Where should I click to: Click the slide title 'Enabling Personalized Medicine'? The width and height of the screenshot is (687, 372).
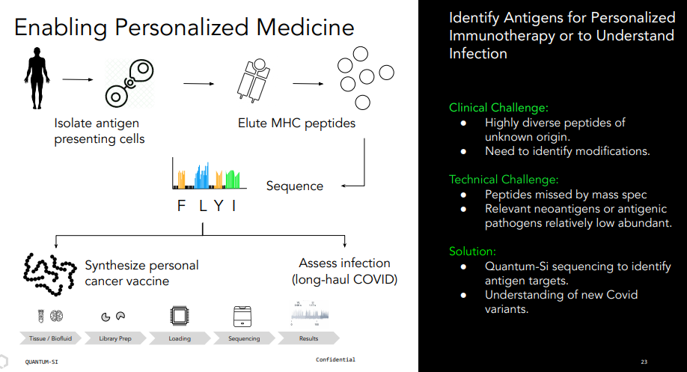184,28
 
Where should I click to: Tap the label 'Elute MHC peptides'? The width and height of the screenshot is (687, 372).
296,123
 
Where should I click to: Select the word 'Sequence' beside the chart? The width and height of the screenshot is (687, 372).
295,186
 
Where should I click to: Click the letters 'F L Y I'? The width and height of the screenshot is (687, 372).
206,206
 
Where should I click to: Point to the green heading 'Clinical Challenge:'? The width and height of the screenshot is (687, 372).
499,108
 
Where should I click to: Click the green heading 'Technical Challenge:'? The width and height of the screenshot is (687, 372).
504,180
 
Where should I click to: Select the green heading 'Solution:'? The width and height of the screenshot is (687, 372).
472,251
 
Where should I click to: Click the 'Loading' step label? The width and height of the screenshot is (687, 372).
180,339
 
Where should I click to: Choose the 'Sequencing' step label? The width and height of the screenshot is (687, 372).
244,339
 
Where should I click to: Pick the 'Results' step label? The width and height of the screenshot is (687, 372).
308,339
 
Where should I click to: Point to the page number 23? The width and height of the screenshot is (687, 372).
644,360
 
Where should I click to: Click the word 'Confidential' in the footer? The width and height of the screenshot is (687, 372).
335,360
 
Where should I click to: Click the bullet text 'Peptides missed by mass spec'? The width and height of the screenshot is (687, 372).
566,195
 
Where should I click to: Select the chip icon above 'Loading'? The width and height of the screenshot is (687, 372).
180,314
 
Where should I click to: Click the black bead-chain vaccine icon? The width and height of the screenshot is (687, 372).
49,272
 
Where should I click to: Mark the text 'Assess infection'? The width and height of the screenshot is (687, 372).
344,263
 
